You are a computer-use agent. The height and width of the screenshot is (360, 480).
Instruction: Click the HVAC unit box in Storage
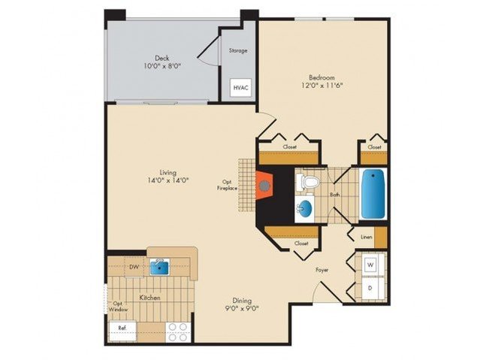point(240,88)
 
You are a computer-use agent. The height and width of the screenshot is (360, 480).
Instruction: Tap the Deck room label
point(162,58)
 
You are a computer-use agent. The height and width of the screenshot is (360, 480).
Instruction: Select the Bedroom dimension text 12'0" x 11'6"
point(322,86)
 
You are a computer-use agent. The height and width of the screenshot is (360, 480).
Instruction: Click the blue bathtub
point(373,194)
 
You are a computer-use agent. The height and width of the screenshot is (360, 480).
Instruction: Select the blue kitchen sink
point(160,266)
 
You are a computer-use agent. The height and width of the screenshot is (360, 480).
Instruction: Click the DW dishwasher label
point(134,267)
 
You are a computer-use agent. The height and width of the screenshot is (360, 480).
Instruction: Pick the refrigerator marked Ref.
point(122,331)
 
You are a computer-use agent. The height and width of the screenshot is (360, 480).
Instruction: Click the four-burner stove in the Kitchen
point(178,332)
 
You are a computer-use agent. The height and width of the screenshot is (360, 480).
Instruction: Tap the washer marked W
point(370,265)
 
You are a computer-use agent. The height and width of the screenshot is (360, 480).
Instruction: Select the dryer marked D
point(370,288)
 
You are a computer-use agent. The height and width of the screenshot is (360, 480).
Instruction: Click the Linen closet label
point(367,237)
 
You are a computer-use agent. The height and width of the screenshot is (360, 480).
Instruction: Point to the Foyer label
point(322,270)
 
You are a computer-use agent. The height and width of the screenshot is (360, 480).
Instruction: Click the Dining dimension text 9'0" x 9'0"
point(242,309)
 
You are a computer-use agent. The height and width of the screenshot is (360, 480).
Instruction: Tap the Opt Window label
point(119,307)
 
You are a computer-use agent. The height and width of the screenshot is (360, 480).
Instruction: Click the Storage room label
point(238,50)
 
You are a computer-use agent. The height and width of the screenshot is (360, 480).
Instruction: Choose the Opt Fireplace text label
point(228,186)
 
